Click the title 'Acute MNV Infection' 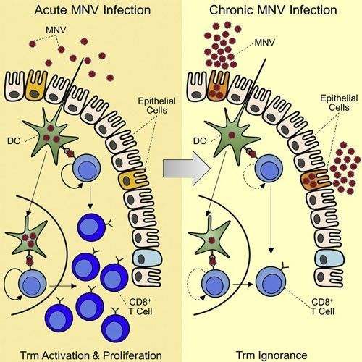tap(93, 10)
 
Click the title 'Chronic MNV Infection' tap(273, 10)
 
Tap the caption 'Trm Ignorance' tap(271, 355)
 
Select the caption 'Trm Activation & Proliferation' tap(91, 355)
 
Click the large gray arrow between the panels tap(186, 168)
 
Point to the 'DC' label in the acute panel tap(14, 141)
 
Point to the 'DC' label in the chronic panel tap(200, 141)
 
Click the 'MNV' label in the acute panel tap(56, 30)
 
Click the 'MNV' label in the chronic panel tap(265, 43)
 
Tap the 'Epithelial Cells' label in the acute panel tap(157, 106)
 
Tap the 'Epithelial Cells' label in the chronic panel tap(339, 103)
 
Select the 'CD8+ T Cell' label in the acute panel tap(140, 306)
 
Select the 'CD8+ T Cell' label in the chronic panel tap(323, 306)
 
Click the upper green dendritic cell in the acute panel tap(51, 135)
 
